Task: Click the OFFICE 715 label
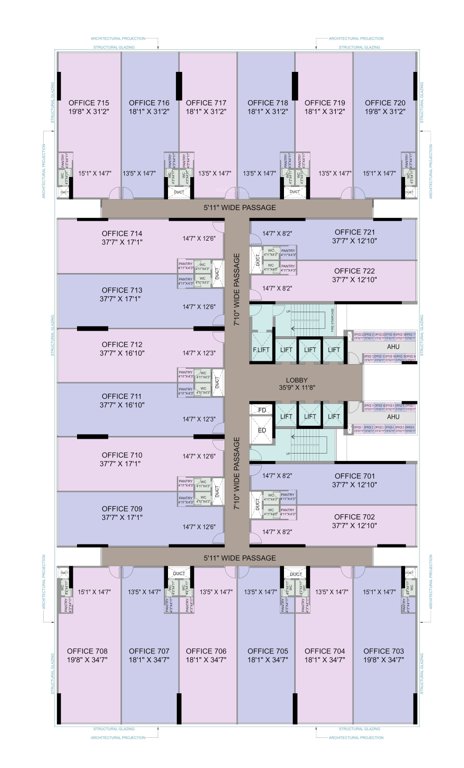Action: point(88,103)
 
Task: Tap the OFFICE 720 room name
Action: point(385,103)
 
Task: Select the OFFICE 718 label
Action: point(267,103)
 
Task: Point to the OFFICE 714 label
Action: point(121,232)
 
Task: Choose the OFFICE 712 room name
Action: point(121,344)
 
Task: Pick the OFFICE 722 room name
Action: point(354,271)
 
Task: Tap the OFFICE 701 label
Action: point(354,476)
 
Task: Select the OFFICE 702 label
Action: point(354,516)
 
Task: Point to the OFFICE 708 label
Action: point(88,650)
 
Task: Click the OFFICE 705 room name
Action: point(267,650)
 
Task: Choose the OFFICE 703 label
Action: point(385,650)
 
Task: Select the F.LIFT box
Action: point(261,349)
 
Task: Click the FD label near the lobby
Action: point(262,410)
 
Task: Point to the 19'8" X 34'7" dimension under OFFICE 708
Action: point(88,660)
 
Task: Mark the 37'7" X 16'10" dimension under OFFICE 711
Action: point(121,405)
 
